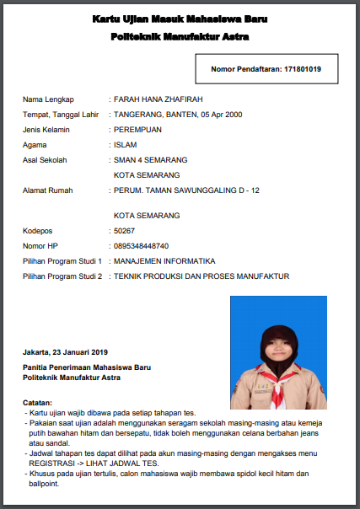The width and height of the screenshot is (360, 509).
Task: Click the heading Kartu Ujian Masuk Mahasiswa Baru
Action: pos(180,19)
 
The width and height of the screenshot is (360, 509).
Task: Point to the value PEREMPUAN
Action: pos(137,130)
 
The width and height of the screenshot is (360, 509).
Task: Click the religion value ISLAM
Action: pos(125,145)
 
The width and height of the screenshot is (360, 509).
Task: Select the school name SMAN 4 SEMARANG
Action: pos(150,160)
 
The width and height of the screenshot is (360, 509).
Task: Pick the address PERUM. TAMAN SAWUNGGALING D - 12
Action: pos(185,190)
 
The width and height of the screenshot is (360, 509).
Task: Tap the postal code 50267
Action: pos(124,230)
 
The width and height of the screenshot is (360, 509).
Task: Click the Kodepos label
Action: pos(38,230)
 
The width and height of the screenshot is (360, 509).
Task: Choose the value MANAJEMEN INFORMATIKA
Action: pos(164,260)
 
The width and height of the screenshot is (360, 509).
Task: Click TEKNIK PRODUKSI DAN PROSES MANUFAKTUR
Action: pos(201,276)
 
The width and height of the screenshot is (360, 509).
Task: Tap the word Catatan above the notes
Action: pos(37,403)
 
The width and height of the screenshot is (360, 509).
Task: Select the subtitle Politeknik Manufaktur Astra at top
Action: pos(180,37)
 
